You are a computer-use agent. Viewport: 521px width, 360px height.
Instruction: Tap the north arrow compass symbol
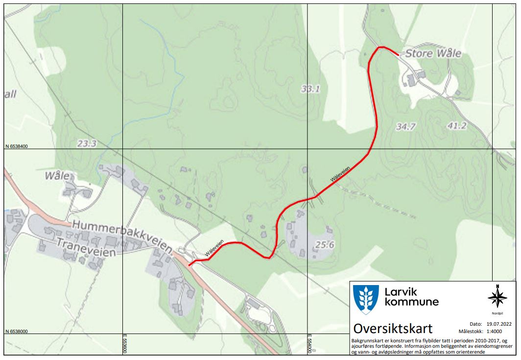(x=497, y=297)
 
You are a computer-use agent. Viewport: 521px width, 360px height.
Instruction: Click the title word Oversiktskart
(x=393, y=328)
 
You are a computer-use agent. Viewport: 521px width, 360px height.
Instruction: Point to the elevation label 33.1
(x=310, y=89)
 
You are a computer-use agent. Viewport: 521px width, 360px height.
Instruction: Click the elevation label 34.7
(x=405, y=127)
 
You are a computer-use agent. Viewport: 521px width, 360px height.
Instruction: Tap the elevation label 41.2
(x=456, y=126)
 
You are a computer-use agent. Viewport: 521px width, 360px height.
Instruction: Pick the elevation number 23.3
(x=87, y=144)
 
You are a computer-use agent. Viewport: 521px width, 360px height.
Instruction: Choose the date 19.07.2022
(x=499, y=324)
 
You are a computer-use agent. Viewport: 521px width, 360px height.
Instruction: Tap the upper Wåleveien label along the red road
(x=339, y=174)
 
